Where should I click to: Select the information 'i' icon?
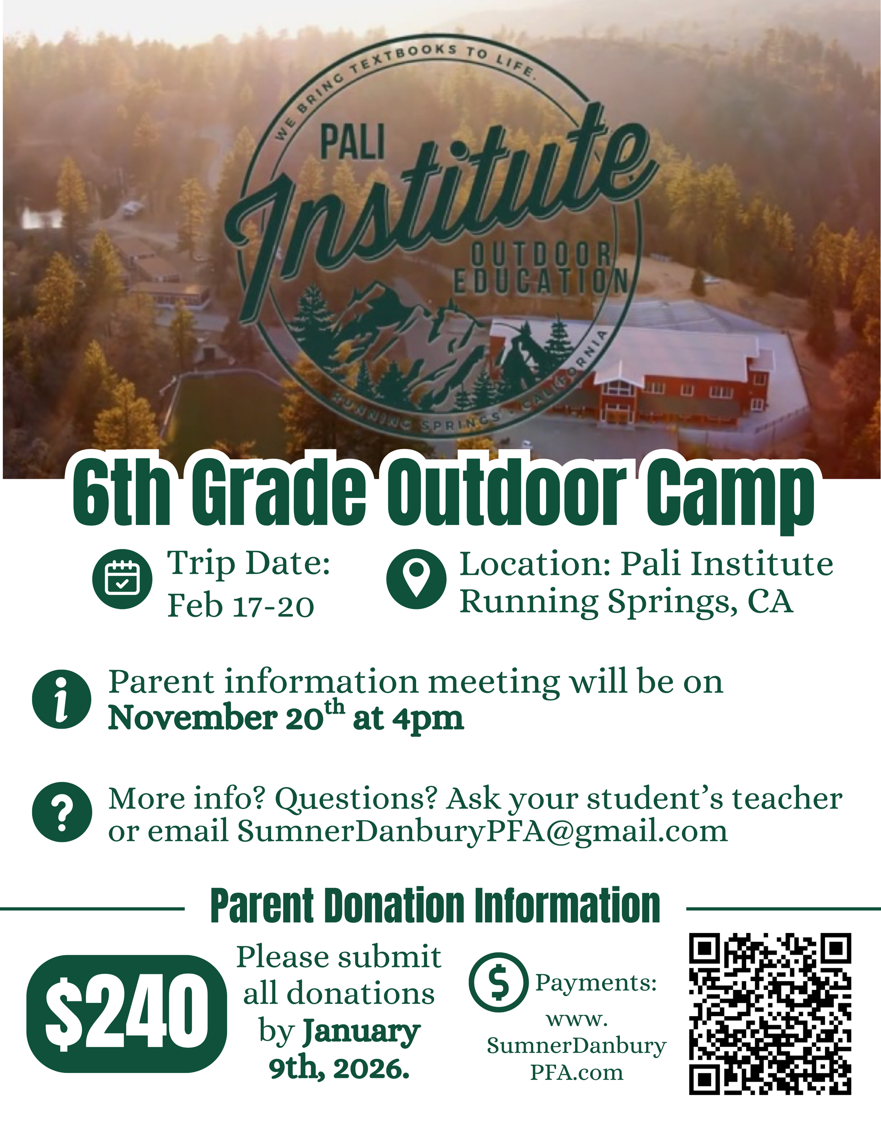coord(61,699)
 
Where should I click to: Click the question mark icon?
coord(61,812)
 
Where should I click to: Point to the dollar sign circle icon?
coord(498,983)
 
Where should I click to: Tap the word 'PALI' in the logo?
coord(352,144)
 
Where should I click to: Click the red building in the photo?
coord(679,389)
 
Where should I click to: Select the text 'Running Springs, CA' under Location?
coord(626,601)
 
